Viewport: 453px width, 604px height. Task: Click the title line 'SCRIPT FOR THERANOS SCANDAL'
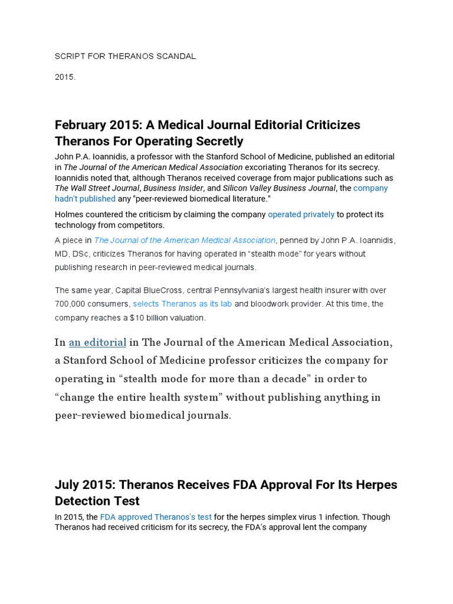[x=125, y=56]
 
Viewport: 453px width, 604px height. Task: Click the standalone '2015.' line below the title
[x=65, y=77]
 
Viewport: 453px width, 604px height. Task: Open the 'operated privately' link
[x=301, y=215]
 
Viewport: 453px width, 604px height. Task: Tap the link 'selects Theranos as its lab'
[x=182, y=304]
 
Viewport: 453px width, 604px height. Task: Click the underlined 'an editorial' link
[x=97, y=343]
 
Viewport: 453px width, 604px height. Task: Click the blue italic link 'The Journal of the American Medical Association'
[x=185, y=240]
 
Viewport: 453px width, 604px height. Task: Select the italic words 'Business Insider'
[x=176, y=188]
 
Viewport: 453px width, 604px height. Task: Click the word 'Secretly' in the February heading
[x=215, y=141]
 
